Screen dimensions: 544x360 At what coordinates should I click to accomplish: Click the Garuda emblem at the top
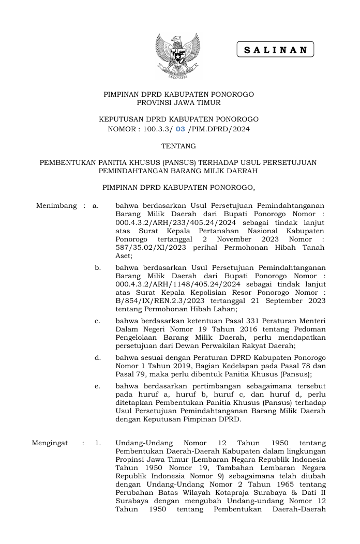coord(178,56)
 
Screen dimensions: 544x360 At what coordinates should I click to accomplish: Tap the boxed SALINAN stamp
coord(275,50)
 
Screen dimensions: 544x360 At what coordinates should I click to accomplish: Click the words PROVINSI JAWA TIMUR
coord(178,103)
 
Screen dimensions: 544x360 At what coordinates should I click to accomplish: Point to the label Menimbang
coord(56,206)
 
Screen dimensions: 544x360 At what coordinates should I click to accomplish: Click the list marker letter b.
coord(98,268)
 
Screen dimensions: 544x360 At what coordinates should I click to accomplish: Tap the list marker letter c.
coord(97,321)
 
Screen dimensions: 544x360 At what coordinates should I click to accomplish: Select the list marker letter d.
coord(98,357)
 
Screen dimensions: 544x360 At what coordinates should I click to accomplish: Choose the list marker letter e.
coord(97,385)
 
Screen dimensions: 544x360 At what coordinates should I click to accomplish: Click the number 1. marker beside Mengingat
coord(97,443)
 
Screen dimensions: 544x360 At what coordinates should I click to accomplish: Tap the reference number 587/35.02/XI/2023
coord(151,247)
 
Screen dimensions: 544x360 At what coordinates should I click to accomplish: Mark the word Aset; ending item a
coord(124,255)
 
